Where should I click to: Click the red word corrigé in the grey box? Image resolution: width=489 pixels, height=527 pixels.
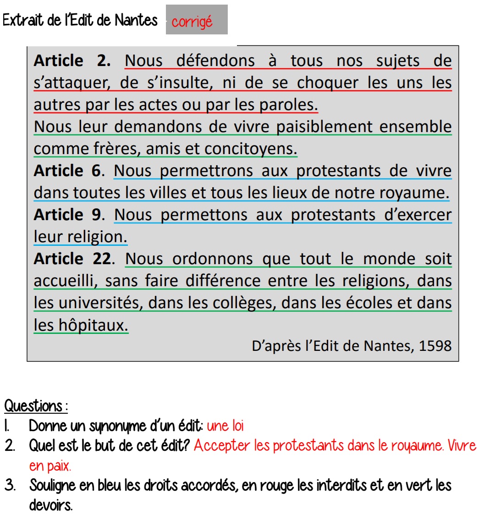(192, 22)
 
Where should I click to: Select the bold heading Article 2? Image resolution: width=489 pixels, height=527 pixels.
(72, 61)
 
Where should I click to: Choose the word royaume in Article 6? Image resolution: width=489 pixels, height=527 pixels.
(414, 193)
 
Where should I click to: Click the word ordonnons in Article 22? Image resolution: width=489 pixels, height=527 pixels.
(212, 259)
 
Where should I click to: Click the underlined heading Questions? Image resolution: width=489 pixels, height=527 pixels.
(33, 406)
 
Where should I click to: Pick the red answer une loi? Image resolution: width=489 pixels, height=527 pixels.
(225, 426)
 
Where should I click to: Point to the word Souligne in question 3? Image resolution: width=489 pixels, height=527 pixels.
(52, 485)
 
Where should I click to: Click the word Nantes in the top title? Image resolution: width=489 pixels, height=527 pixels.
(136, 20)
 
